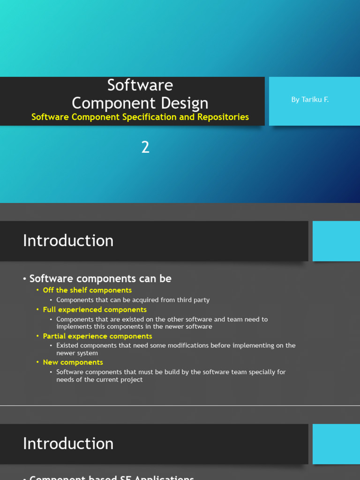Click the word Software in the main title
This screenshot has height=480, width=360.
pos(140,85)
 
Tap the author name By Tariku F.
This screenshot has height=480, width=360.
pos(310,99)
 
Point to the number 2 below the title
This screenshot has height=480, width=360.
pos(145,148)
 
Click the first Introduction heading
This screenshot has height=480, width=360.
pos(68,241)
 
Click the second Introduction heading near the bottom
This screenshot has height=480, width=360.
pos(68,444)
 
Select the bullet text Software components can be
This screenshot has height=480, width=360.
pos(100,278)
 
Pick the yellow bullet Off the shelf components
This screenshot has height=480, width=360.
pos(87,290)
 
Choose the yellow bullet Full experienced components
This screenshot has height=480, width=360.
pos(95,310)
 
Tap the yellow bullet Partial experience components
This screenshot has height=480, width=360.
pos(97,336)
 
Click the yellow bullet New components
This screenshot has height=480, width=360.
pos(73,362)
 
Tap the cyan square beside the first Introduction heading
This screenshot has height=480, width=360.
pos(336,241)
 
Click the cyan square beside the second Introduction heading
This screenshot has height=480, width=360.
pos(336,444)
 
